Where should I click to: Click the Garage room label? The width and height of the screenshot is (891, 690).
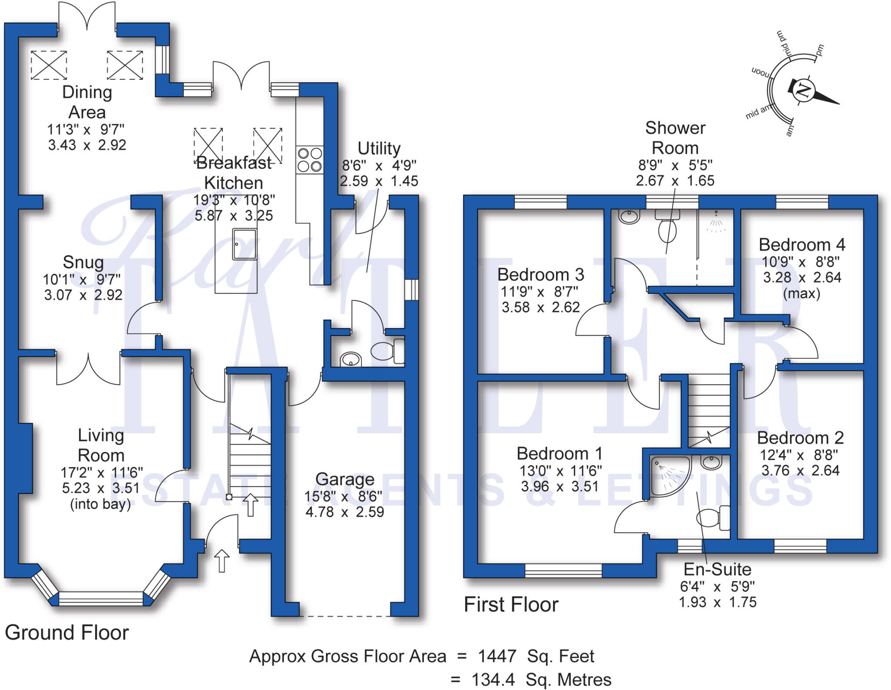(x=345, y=479)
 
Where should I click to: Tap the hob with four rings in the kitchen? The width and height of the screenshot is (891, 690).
(x=310, y=160)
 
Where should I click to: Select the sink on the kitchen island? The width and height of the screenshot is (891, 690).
(x=244, y=244)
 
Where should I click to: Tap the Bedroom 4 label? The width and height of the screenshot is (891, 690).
(x=802, y=245)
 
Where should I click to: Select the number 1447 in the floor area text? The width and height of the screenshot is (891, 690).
(x=497, y=656)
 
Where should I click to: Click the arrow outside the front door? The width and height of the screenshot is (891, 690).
(x=222, y=561)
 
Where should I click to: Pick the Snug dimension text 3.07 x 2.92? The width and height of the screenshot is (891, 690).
(x=83, y=295)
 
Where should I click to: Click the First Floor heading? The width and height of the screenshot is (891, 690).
(x=511, y=605)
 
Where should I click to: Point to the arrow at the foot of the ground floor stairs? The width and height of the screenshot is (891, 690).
(x=250, y=505)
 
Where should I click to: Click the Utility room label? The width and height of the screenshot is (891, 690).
(x=379, y=148)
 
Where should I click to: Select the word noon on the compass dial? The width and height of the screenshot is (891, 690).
(x=760, y=72)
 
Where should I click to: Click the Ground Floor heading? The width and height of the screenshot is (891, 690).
(x=67, y=633)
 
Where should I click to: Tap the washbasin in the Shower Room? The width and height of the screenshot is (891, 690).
(x=629, y=216)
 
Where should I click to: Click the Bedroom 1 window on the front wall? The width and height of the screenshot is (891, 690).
(x=563, y=570)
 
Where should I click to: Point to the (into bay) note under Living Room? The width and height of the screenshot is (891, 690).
(x=100, y=504)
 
